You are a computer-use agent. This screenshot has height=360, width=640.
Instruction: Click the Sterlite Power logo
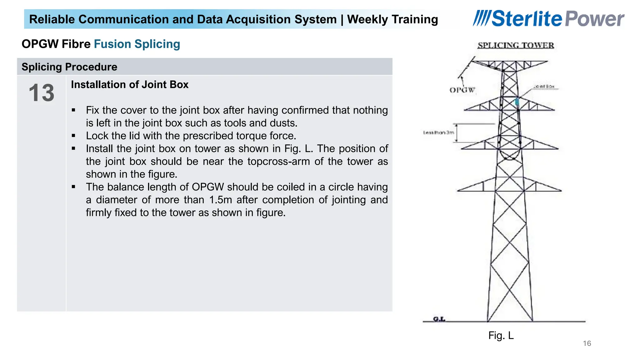coord(548,19)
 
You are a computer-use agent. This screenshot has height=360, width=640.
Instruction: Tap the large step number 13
coord(41,93)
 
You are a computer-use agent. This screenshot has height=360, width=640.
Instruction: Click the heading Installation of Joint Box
coord(130,85)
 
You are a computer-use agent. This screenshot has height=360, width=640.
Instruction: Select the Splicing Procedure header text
coord(69,67)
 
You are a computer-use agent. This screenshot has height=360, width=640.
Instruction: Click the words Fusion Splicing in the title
coord(137,44)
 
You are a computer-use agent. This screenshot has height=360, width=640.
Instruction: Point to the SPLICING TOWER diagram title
coord(516,45)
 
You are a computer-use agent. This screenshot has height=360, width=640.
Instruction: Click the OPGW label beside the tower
coord(462,90)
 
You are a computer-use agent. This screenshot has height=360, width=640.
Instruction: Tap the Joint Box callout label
coord(544,86)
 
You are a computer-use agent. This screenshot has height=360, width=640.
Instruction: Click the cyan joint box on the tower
coord(517,102)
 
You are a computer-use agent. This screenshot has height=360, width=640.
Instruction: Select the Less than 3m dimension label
coord(438,132)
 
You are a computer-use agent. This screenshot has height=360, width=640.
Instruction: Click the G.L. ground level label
coord(439,319)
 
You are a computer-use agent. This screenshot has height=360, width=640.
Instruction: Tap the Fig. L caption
coord(501,335)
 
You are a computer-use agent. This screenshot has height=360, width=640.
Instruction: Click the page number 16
coord(587,343)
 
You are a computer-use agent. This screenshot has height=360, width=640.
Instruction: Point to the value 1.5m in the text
coord(221,200)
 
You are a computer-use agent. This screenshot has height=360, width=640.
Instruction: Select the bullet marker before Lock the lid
coord(73,136)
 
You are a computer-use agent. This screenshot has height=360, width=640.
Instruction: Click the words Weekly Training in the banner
coord(392,19)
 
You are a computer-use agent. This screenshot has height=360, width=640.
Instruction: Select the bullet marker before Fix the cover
coord(73,110)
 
